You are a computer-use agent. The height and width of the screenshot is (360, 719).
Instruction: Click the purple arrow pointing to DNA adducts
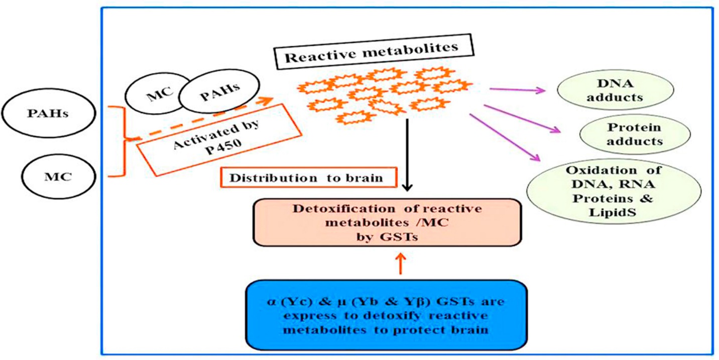[x=517, y=90]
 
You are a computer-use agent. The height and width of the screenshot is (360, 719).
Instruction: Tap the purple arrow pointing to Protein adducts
[x=522, y=119]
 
